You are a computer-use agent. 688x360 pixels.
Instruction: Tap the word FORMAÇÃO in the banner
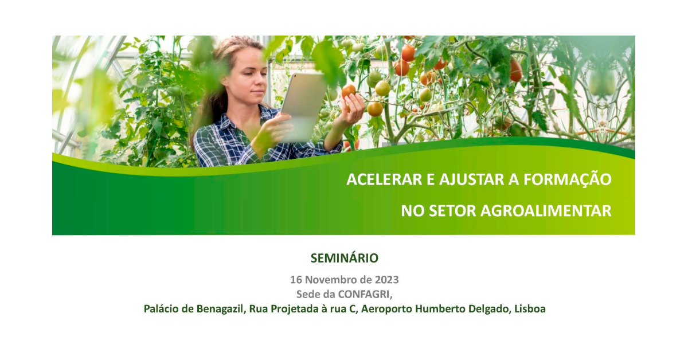[x=567, y=178]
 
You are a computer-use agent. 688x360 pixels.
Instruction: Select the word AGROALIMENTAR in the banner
[x=546, y=211]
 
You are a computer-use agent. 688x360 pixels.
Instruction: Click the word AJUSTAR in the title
[x=471, y=179]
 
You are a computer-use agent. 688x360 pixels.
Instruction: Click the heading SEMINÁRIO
[x=345, y=258]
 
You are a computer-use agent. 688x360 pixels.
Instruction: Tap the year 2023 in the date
[x=386, y=280]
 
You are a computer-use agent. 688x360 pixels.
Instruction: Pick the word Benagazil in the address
[x=221, y=309]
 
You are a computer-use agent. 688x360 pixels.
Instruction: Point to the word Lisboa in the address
[x=530, y=309]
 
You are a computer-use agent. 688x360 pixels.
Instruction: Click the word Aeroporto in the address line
[x=386, y=309]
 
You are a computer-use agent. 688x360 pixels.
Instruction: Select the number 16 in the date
[x=296, y=280]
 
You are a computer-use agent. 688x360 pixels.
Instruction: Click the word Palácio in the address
[x=161, y=309]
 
